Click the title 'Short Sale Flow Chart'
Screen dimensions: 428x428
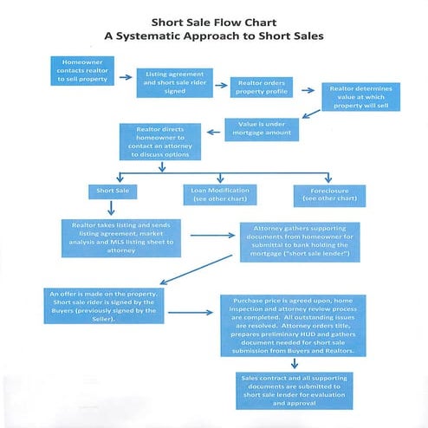pos(214,21)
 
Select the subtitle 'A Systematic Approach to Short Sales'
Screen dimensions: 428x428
pos(214,36)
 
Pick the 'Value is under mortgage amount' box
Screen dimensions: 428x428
pos(262,130)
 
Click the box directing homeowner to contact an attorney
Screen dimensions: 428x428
pos(160,141)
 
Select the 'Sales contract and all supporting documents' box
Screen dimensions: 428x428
pos(296,390)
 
